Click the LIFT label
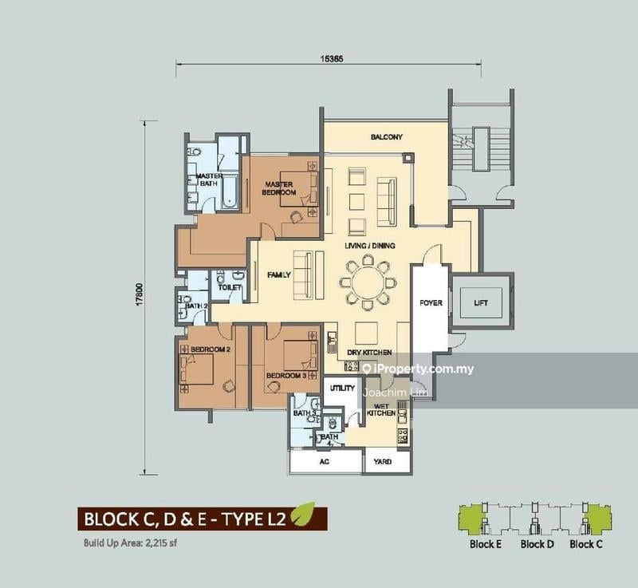480,302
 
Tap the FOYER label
431,302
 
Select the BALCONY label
387,137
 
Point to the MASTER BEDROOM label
280,188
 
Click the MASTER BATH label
209,180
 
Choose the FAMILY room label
278,274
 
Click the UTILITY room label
343,388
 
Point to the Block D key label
537,544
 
